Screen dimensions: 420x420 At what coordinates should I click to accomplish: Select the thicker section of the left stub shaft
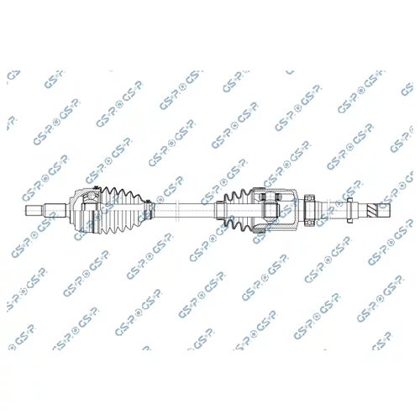coord(55,211)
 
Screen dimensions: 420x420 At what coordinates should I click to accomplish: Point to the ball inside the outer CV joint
coord(92,195)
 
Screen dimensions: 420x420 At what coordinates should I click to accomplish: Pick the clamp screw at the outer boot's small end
coord(148,201)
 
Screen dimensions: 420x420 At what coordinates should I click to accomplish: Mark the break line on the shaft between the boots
coord(176,211)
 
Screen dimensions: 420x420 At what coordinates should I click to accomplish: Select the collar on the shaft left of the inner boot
coord(219,211)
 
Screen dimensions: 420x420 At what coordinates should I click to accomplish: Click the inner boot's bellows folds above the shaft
coord(238,196)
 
